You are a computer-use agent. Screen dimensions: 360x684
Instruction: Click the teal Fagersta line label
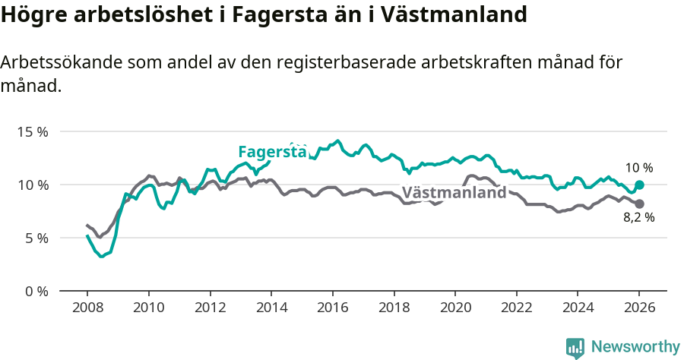271,152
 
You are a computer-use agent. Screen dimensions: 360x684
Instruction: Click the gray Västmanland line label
454,193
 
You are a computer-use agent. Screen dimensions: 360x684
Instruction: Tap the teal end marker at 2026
639,185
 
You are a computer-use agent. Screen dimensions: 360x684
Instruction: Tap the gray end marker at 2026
639,204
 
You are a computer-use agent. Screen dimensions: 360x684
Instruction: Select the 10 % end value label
639,168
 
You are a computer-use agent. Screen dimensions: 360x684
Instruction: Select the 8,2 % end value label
639,217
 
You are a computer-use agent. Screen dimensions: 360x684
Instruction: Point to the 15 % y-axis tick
33,131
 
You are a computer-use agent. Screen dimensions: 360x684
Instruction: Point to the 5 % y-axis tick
36,238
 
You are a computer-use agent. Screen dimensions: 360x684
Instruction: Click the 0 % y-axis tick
36,291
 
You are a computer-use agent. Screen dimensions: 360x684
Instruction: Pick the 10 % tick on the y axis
33,185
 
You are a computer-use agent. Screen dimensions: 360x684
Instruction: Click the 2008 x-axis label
87,308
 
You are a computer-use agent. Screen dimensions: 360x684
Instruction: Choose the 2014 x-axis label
271,308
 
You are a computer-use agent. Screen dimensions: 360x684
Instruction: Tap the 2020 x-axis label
455,308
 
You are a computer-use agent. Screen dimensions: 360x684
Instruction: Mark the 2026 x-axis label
639,308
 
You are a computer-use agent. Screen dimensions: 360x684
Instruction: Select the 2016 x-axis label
332,308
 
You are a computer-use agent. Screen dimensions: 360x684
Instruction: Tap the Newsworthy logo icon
575,348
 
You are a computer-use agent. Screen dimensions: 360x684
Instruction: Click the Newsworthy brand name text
635,347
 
